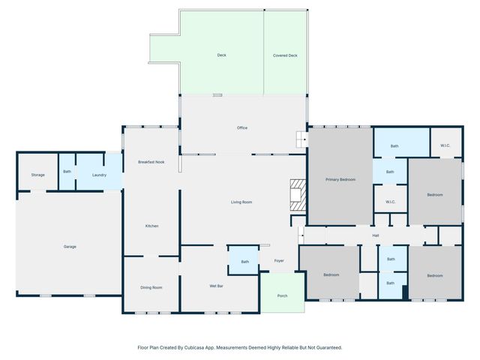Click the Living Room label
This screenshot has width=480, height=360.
coord(241,202)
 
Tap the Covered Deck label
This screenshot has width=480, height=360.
coord(285,55)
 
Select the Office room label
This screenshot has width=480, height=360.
coord(242,127)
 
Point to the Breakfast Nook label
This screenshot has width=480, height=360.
coord(151,162)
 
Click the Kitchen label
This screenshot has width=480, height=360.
coord(151,226)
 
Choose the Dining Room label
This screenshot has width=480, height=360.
coord(151,287)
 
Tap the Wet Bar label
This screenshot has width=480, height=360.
coord(216,286)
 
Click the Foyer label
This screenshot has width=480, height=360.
coord(279,261)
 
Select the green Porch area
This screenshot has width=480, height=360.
coord(282,292)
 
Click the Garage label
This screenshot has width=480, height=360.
coord(70,247)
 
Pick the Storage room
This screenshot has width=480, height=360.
coord(38,172)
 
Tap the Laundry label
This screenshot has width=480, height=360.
coord(99,175)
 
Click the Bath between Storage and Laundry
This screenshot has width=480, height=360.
coord(67,172)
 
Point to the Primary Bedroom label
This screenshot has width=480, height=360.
coord(340,179)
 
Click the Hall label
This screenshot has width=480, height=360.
coord(376,235)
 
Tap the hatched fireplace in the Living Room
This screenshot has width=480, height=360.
coord(298,195)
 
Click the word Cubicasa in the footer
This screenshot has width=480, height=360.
coord(203,347)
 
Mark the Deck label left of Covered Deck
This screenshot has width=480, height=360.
coord(222,55)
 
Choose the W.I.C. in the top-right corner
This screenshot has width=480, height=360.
coord(445,142)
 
